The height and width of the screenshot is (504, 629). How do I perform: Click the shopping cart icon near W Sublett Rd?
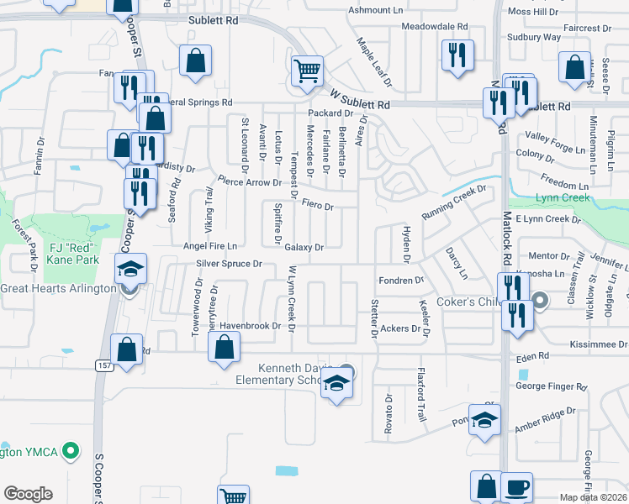pos(307,71)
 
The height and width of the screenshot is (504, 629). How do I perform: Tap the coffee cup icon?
pos(516,486)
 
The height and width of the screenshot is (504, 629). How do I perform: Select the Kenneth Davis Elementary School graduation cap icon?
pos(337,384)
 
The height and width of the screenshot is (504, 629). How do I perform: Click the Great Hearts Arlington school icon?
pos(130,269)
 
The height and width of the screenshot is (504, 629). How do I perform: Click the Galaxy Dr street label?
pos(304,248)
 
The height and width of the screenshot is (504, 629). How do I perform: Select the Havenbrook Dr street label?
pos(249,326)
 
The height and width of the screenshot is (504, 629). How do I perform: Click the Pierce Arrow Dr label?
pos(249,181)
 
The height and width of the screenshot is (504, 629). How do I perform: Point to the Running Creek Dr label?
pos(454,202)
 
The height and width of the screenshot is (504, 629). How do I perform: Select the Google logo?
pos(28,494)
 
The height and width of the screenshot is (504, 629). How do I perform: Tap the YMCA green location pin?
pos(71,452)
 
